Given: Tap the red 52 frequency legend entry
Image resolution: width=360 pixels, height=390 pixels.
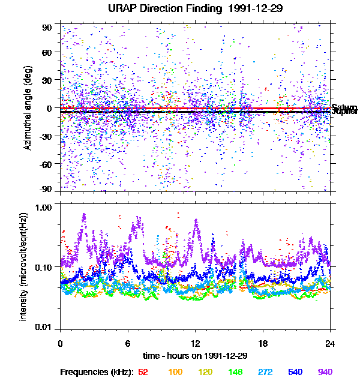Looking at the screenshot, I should coord(143,372).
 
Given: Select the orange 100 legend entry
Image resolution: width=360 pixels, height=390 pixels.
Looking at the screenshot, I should coord(175,372).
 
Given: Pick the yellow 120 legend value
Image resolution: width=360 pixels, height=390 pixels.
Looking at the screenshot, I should coord(206,372).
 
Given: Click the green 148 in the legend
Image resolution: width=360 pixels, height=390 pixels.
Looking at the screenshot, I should coord(236,372).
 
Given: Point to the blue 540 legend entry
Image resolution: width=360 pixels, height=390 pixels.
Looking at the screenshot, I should coord(296,372).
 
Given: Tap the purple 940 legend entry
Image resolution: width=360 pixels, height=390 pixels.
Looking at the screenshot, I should coord(325,372).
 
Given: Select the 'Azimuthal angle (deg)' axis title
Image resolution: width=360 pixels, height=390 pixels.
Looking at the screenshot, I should coord(27,108).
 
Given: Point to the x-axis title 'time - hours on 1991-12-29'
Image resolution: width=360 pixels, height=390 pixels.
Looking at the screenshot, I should coord(195,356).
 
